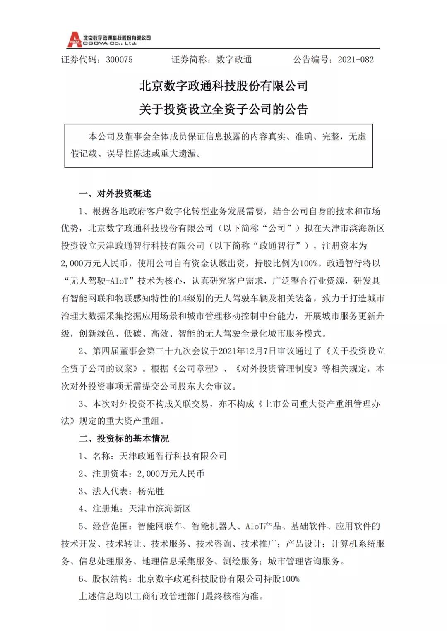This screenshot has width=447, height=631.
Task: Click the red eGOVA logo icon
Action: [74, 40]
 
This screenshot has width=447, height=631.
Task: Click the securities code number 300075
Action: [119, 60]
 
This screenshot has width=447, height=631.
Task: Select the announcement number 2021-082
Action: [356, 60]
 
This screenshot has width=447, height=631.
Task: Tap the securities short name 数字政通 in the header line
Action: [234, 60]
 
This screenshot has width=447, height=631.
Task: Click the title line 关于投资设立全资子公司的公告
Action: [223, 109]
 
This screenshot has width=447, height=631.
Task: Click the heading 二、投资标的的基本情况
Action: [124, 438]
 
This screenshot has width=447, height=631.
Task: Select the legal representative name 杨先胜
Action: [151, 491]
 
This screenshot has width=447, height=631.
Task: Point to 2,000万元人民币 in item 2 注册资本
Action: [171, 473]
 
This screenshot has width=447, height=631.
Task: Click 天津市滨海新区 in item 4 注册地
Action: [160, 509]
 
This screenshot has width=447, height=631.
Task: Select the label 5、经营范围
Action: [105, 526]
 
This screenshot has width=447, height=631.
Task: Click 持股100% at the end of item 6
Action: [282, 578]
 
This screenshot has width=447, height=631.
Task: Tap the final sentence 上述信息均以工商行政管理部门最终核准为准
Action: [171, 596]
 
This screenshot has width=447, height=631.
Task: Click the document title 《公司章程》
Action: [195, 368]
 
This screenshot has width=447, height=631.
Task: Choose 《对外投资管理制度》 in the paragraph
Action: [276, 368]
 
